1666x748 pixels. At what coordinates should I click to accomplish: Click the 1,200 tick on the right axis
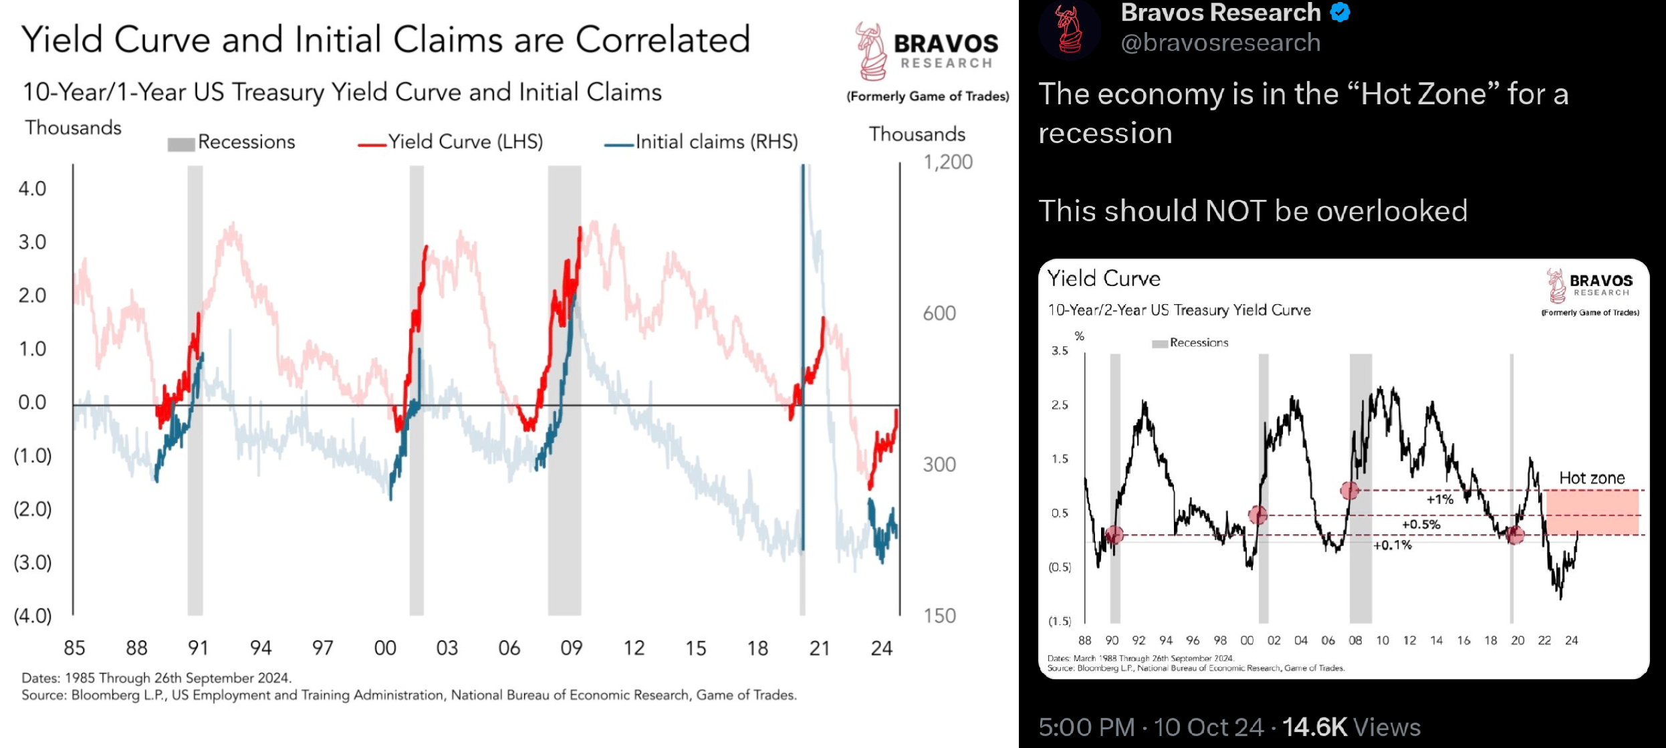coord(947,162)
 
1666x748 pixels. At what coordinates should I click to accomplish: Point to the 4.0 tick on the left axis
coord(32,189)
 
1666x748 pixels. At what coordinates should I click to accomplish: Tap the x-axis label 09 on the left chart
coord(572,648)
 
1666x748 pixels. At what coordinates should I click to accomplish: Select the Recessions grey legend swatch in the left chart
coord(181,144)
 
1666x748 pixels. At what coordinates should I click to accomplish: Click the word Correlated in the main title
coord(663,39)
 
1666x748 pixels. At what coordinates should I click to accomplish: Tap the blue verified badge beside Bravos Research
coord(1340,12)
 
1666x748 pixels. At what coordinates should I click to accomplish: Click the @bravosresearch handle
coord(1220,43)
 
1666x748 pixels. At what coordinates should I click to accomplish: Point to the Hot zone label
coord(1592,478)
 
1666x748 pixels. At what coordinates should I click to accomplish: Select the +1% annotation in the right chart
coord(1439,499)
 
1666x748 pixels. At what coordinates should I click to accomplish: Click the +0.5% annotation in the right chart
coord(1421,524)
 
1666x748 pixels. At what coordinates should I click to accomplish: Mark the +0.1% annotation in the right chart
coord(1392,545)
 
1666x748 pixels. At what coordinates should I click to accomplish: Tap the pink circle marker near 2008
coord(1350,491)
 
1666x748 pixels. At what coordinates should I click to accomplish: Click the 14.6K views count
coord(1314,727)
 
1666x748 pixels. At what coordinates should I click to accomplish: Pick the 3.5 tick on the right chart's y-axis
coord(1060,351)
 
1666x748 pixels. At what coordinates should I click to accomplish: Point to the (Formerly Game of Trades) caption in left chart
coord(928,96)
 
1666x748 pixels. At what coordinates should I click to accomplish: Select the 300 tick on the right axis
coord(939,465)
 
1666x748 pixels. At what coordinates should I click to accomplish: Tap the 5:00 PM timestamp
coord(1086,727)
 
